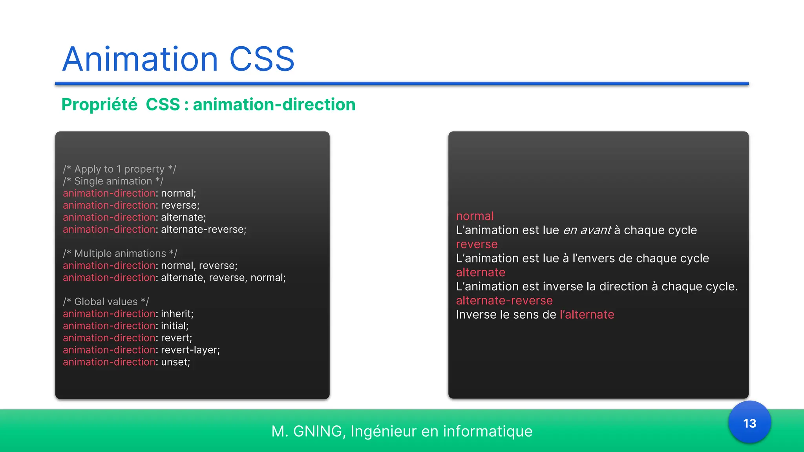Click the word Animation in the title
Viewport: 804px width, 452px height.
click(140, 59)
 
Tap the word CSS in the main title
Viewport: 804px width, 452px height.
click(261, 59)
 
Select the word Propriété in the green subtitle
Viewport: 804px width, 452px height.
click(99, 105)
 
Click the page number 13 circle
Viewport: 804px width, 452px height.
click(749, 423)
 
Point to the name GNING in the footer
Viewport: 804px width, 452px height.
click(318, 431)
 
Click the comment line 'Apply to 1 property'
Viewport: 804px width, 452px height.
click(119, 169)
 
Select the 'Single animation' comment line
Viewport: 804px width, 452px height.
click(113, 181)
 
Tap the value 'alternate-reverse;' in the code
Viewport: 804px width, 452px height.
click(203, 230)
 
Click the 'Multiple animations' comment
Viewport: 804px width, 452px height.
click(120, 253)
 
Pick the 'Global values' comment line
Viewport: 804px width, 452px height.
click(106, 302)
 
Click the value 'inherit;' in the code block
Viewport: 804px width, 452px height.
click(177, 314)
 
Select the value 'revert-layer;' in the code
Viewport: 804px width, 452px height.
click(190, 350)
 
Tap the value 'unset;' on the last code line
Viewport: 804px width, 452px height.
click(175, 362)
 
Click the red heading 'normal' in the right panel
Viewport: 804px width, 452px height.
click(475, 216)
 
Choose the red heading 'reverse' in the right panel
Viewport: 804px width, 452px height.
click(477, 244)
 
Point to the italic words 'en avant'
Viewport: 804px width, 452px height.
click(587, 230)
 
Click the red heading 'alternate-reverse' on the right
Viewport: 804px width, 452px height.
click(504, 301)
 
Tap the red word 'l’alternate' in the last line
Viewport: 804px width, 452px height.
click(587, 315)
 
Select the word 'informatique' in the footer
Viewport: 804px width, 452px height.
click(488, 431)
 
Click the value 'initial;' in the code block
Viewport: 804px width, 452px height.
click(175, 326)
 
